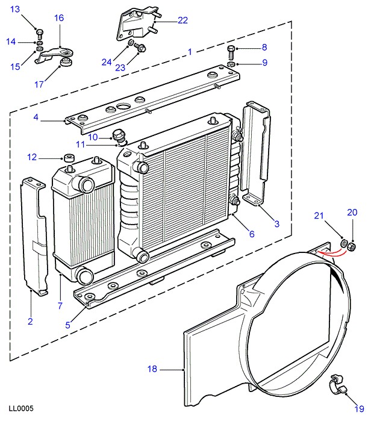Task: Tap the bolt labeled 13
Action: [39, 32]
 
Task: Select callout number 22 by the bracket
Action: [182, 20]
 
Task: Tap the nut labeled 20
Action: [354, 246]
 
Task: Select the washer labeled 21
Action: [344, 244]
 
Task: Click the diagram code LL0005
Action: [21, 408]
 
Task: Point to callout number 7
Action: [60, 306]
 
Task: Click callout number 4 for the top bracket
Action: [37, 118]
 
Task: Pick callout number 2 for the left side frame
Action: [30, 322]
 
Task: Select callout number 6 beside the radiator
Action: [252, 234]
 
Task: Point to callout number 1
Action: [190, 52]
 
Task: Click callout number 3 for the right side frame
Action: [276, 225]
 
